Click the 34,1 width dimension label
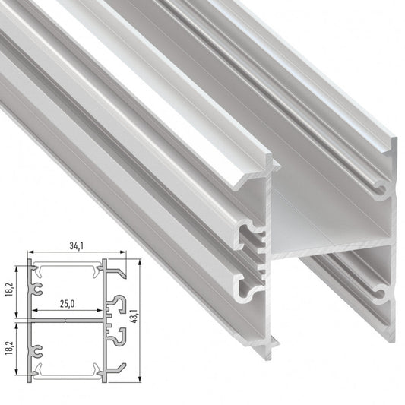[76, 246]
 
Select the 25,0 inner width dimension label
[68, 304]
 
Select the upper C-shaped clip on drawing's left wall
[37, 289]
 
